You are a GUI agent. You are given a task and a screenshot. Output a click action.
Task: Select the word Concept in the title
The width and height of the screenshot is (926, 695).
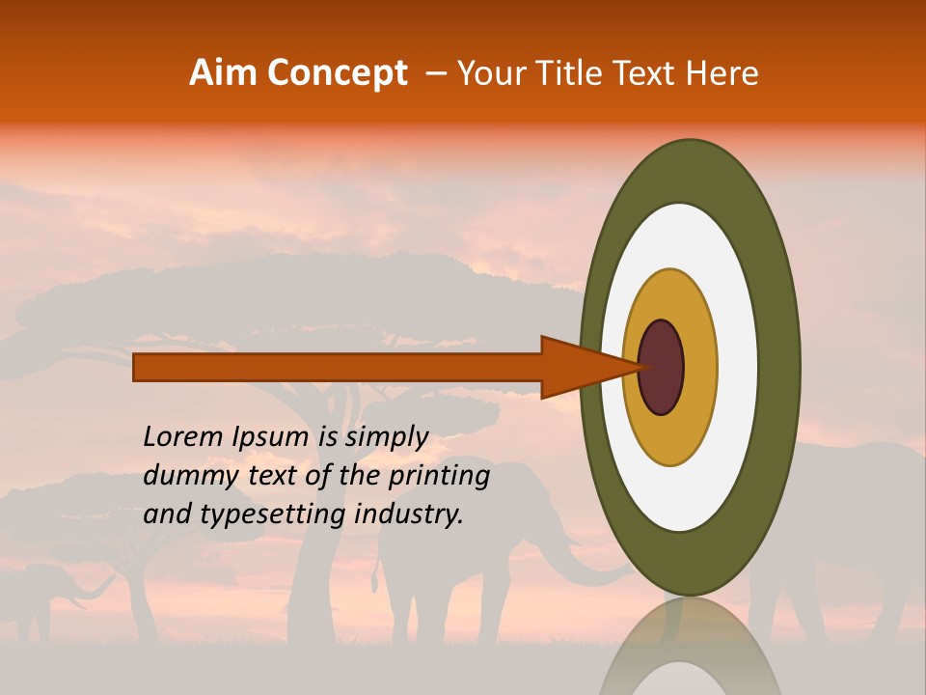[x=339, y=73]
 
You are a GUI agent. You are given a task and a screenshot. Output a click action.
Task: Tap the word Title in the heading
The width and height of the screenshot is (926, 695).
[x=570, y=73]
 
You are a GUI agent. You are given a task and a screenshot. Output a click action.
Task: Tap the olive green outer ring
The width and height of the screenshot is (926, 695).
[x=690, y=169]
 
